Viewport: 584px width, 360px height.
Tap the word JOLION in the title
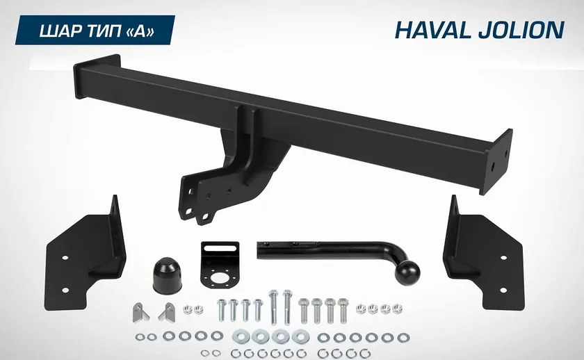click(x=519, y=30)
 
